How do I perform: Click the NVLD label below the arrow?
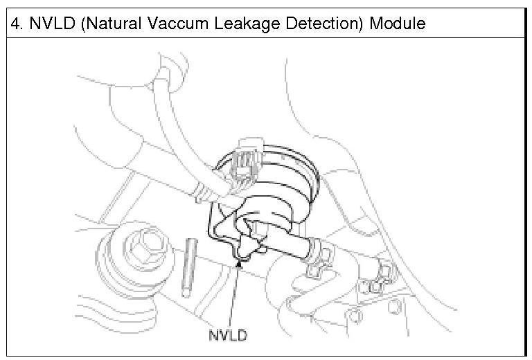pyautogui.click(x=227, y=336)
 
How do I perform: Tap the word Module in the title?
pyautogui.click(x=397, y=22)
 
